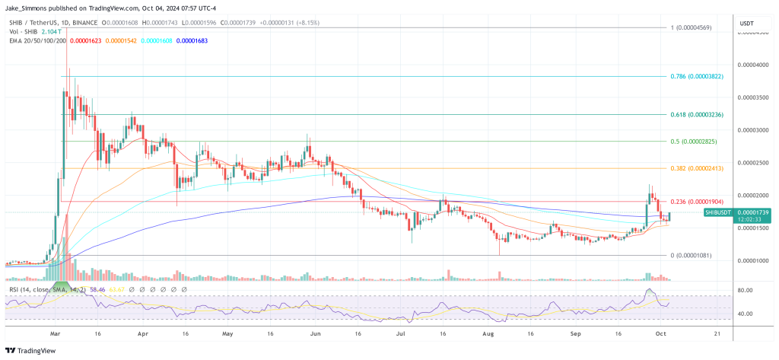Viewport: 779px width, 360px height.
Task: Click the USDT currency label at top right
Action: click(746, 24)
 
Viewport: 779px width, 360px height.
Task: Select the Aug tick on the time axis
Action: click(489, 333)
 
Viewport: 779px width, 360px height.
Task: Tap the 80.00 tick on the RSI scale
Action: click(746, 290)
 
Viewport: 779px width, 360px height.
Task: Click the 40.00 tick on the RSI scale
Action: click(746, 314)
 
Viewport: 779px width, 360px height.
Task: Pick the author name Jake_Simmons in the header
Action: click(28, 8)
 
